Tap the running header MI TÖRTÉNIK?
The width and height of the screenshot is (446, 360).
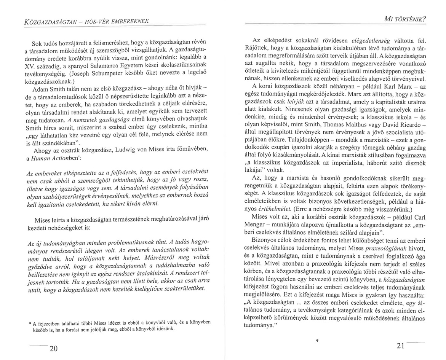coord(405,19)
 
